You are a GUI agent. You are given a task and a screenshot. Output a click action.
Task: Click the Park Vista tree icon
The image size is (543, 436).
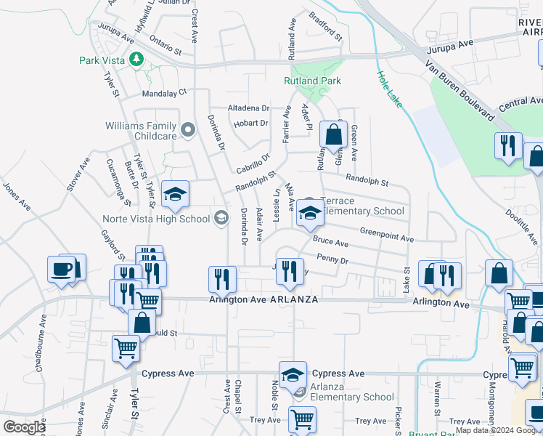pos(135,58)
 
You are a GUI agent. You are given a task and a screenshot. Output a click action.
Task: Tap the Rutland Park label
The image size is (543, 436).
pos(313,81)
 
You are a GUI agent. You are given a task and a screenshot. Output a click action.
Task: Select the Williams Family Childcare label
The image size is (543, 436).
pos(142,131)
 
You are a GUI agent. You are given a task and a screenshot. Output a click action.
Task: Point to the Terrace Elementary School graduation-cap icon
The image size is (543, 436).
pos(309,214)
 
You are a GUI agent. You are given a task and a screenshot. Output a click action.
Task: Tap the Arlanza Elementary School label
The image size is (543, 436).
pos(352,397)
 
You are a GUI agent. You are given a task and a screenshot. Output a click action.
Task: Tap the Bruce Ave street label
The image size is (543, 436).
pos(327,240)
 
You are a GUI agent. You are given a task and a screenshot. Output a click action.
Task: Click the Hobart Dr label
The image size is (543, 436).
pos(251,123)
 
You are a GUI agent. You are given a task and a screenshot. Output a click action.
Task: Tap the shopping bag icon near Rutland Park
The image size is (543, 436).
pos(333,135)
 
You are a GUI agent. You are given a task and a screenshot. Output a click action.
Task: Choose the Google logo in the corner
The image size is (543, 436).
pos(24,427)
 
